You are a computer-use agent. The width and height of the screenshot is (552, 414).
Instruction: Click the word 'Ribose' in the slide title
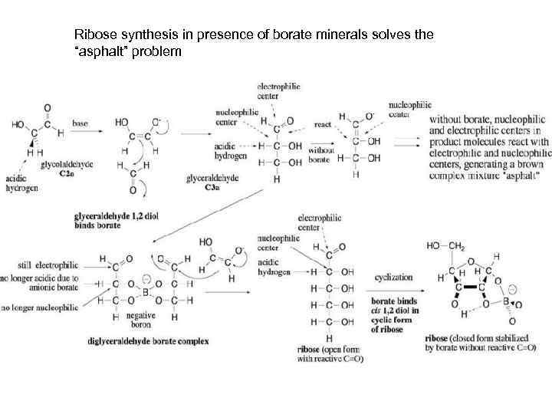(93, 35)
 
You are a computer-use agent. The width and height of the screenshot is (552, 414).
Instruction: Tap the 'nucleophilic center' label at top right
(410, 109)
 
